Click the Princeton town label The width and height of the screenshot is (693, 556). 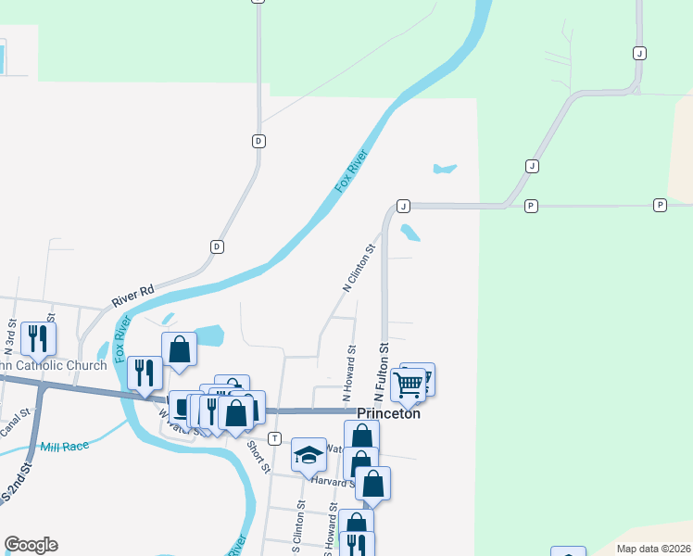pos(389,413)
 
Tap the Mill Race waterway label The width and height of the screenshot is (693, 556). pos(64,447)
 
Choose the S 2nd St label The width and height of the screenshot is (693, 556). pos(16,487)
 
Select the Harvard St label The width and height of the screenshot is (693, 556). pos(328,481)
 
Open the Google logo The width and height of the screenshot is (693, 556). pos(31,545)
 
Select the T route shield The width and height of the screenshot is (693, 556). pos(274,437)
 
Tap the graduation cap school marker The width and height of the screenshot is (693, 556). pos(309,454)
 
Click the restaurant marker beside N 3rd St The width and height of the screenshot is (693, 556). pos(38,337)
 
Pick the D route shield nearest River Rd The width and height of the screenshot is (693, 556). pos(217,246)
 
